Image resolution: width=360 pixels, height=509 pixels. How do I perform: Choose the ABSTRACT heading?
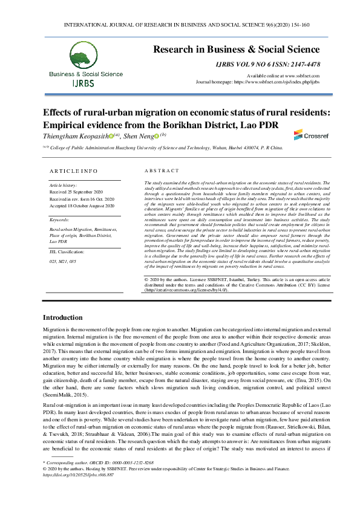(162, 171)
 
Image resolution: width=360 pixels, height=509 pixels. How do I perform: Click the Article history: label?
(62, 184)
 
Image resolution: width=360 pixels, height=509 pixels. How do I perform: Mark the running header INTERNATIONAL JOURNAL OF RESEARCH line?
(180, 25)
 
